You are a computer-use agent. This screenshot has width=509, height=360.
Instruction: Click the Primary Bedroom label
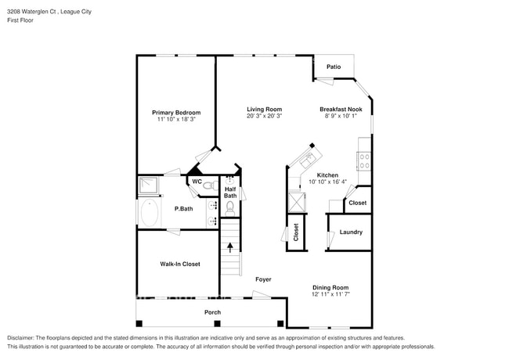(x=175, y=113)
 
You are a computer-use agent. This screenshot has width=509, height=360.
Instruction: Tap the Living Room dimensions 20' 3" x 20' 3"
(x=264, y=116)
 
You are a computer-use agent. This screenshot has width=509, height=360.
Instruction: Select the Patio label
(x=334, y=67)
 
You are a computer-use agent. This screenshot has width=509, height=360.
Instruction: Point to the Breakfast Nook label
(x=341, y=109)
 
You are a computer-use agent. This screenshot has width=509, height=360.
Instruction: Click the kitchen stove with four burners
(x=364, y=161)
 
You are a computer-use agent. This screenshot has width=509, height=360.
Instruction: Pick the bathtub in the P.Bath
(x=149, y=211)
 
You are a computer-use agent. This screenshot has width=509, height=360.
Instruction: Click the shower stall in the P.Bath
(x=148, y=185)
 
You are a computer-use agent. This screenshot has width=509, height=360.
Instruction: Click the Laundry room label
(x=350, y=232)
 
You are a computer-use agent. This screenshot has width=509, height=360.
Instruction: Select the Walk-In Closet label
(x=179, y=265)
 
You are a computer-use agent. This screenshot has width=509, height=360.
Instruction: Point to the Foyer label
(x=263, y=279)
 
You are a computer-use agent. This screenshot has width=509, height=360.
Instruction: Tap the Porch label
(x=212, y=312)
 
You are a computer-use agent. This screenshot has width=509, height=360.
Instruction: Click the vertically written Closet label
(x=296, y=232)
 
